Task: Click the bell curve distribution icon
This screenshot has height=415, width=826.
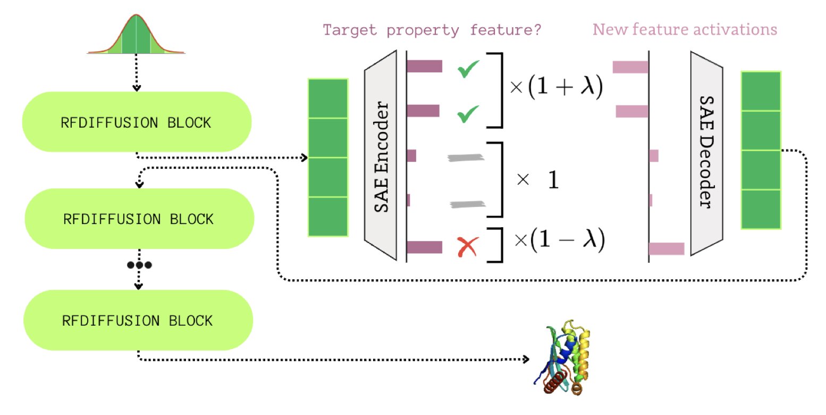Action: pyautogui.click(x=136, y=35)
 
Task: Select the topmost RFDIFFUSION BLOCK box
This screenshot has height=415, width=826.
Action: pyautogui.click(x=137, y=122)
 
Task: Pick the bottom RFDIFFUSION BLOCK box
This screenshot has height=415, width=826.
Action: pyautogui.click(x=138, y=320)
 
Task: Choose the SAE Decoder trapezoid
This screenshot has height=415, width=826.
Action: pyautogui.click(x=707, y=152)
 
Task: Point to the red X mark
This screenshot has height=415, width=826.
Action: pyautogui.click(x=468, y=247)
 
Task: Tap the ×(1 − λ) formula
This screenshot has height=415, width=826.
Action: pyautogui.click(x=559, y=240)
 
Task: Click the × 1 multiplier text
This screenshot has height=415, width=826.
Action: pyautogui.click(x=537, y=181)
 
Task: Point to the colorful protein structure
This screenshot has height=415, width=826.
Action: pyautogui.click(x=563, y=356)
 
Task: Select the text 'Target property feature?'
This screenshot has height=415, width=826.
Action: pyautogui.click(x=432, y=30)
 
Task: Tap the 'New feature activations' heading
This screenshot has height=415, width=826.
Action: pyautogui.click(x=685, y=29)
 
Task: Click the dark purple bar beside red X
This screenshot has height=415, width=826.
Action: pyautogui.click(x=424, y=247)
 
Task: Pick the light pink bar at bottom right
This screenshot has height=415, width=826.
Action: pyautogui.click(x=667, y=248)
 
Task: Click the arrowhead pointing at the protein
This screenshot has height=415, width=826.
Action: pyautogui.click(x=526, y=359)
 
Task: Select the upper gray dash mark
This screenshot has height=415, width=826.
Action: pyautogui.click(x=466, y=157)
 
